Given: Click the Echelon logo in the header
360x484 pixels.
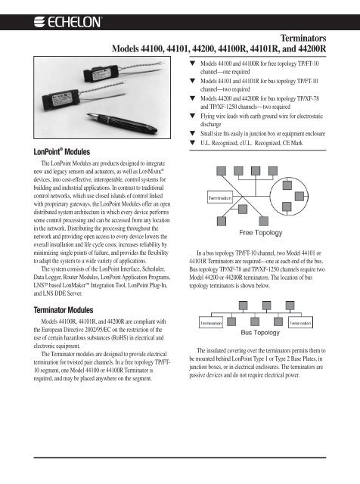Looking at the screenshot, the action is click(67, 22).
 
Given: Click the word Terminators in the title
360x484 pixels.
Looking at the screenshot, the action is click(303, 39).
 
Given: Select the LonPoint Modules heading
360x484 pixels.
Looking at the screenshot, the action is click(62, 152).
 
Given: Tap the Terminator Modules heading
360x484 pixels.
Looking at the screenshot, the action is click(64, 310).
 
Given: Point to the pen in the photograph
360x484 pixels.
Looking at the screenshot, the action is click(122, 123).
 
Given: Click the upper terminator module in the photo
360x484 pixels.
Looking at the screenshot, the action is click(101, 73).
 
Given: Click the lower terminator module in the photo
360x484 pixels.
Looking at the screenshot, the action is click(61, 99).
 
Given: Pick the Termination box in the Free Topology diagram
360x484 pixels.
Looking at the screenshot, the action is click(219, 198).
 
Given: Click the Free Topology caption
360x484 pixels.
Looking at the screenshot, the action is click(261, 232).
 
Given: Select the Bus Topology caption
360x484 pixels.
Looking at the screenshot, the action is click(260, 333).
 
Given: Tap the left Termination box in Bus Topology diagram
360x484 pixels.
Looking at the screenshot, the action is click(211, 323).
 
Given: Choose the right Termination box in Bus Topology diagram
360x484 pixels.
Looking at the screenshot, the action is click(300, 323).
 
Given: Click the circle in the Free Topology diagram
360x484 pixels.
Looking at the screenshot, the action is click(270, 197).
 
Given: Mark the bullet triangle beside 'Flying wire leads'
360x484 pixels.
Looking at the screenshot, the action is click(193, 116).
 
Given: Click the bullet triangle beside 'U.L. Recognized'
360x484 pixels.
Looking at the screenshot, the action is click(193, 143).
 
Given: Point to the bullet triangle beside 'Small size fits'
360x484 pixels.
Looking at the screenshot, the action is click(193, 133).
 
